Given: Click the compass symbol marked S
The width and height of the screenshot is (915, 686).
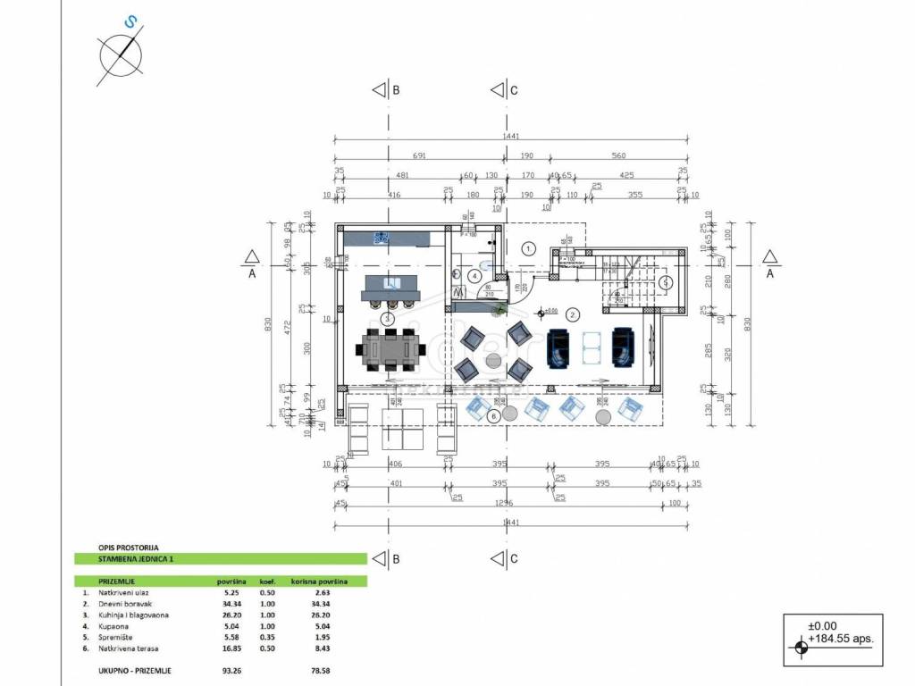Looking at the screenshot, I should point(121,54).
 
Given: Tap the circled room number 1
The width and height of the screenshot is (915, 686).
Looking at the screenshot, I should point(528,248).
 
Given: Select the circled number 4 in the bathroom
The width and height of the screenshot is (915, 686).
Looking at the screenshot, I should point(474,276).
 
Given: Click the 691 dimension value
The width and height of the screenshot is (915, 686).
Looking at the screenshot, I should point(419,155).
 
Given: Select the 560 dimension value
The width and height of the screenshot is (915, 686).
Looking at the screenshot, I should point(617,155).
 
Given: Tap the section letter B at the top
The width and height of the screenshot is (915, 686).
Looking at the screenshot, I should point(396,90).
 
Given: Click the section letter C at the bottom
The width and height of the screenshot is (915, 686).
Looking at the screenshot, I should point(514,559).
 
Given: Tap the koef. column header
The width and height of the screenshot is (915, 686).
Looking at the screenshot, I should point(267,581).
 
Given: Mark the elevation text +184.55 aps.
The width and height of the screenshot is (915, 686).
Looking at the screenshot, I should point(840,640).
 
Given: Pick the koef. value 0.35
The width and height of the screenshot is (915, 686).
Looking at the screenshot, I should point(268,636).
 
